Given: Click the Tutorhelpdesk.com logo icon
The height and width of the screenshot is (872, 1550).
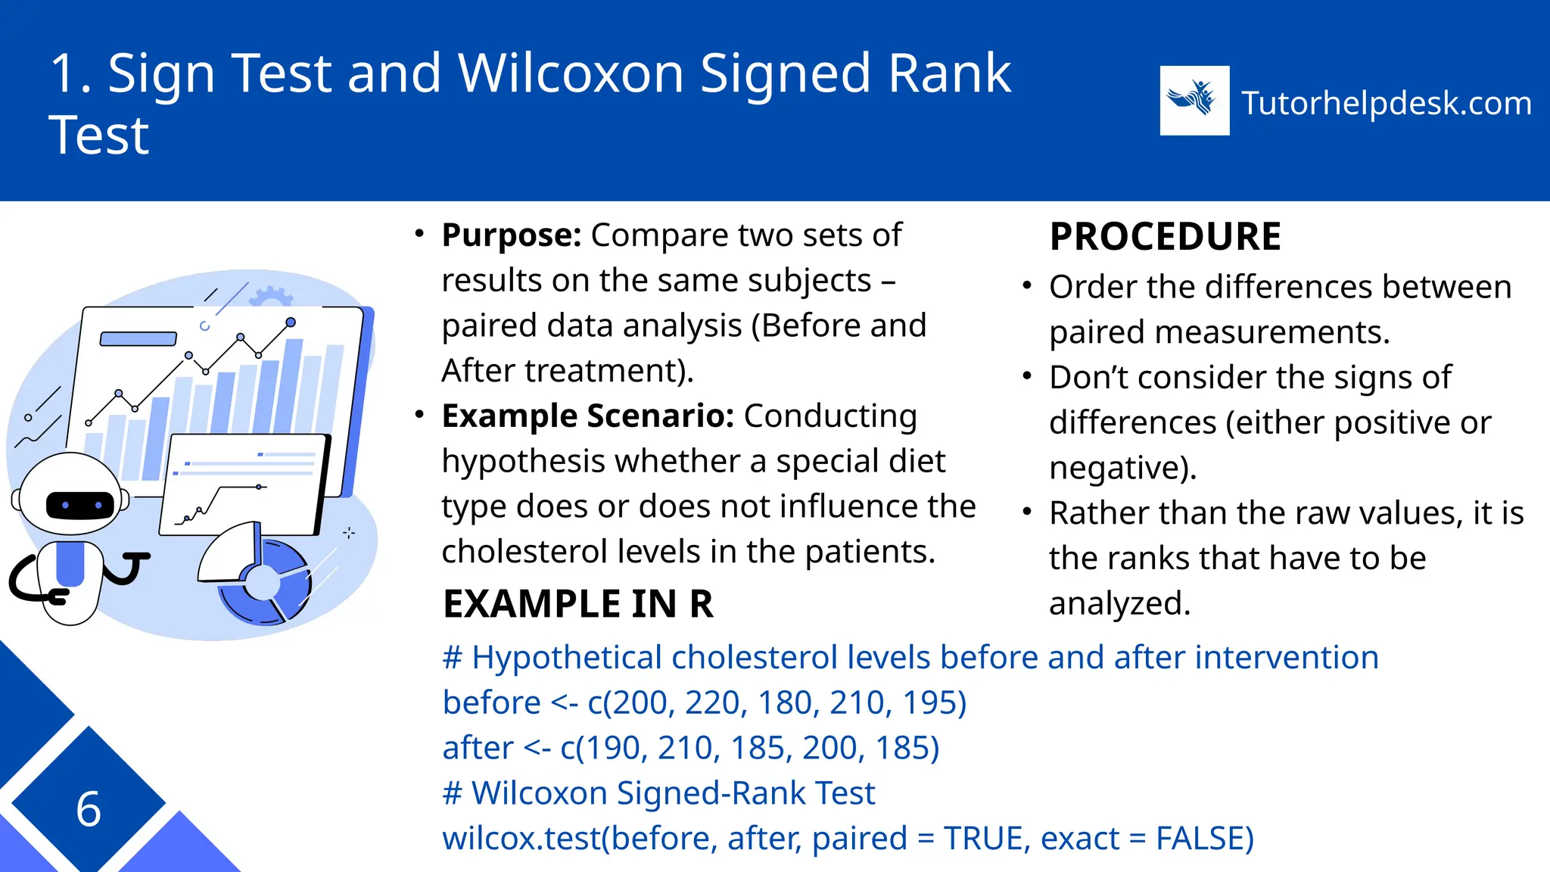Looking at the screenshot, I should click(x=1194, y=101).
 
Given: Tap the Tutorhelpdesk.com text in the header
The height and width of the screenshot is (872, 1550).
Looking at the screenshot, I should click(x=1387, y=103).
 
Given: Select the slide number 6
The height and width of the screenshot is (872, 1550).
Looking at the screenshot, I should click(x=89, y=808).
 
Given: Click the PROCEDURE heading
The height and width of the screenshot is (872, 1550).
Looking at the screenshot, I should click(x=1166, y=236).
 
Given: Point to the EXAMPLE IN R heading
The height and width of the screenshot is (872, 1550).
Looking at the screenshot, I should click(x=578, y=604).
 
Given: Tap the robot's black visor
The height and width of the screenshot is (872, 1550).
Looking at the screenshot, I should click(x=80, y=504).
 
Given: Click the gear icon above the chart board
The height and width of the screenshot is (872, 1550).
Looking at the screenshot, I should click(x=270, y=296).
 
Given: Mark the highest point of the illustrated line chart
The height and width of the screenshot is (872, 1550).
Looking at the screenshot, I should click(x=291, y=322).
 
